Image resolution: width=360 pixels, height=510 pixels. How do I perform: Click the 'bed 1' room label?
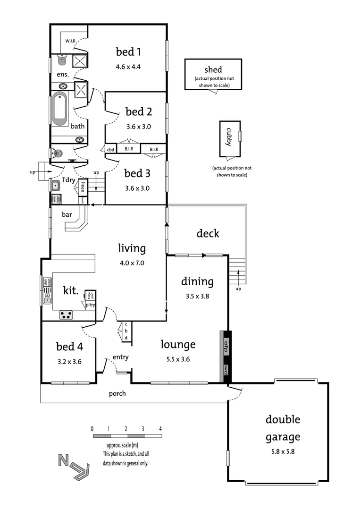[x=129, y=51]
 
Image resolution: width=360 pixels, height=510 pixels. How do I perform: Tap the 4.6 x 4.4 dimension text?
[x=128, y=67]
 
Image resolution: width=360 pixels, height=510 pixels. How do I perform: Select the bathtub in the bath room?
[x=60, y=108]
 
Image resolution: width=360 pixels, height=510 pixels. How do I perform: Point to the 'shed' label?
[x=213, y=69]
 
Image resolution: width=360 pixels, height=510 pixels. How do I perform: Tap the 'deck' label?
[x=208, y=233]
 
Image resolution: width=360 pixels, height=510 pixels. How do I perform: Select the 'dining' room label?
[x=198, y=281]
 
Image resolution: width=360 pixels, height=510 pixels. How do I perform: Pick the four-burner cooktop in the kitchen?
[x=66, y=315]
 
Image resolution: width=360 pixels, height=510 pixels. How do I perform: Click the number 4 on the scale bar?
[x=161, y=429]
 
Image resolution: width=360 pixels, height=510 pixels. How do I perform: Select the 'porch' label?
[x=117, y=393]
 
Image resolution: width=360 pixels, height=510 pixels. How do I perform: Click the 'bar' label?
[x=67, y=214]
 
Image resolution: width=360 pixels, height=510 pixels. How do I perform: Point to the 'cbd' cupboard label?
[x=111, y=150]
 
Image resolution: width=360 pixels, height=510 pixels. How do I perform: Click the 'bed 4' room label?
[x=69, y=347]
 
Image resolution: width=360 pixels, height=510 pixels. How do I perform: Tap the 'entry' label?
[x=120, y=357]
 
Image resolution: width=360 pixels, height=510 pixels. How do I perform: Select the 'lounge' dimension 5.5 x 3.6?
[x=177, y=359]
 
